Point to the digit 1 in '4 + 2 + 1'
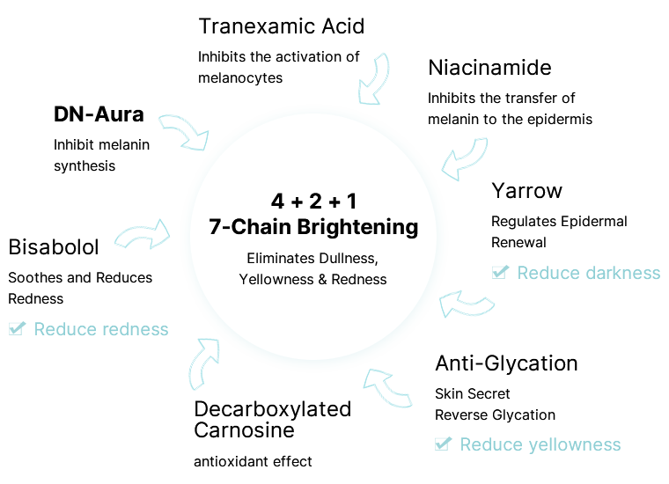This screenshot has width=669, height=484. pos(351,200)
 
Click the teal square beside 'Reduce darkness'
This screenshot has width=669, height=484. pos(500,272)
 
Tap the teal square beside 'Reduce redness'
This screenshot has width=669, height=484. pos(18,328)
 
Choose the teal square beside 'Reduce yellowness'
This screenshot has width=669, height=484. pos(443,444)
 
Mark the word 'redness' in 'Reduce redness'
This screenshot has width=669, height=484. pos(135,329)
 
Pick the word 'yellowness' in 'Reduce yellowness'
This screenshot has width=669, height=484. pos(574,444)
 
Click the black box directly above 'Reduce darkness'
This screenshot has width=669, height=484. pos(559,231)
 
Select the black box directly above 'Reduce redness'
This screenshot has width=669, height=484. pos(80,288)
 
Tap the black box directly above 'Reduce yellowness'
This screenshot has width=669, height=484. pos(495,406)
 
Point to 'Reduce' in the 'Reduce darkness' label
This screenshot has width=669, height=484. pos(546,273)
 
